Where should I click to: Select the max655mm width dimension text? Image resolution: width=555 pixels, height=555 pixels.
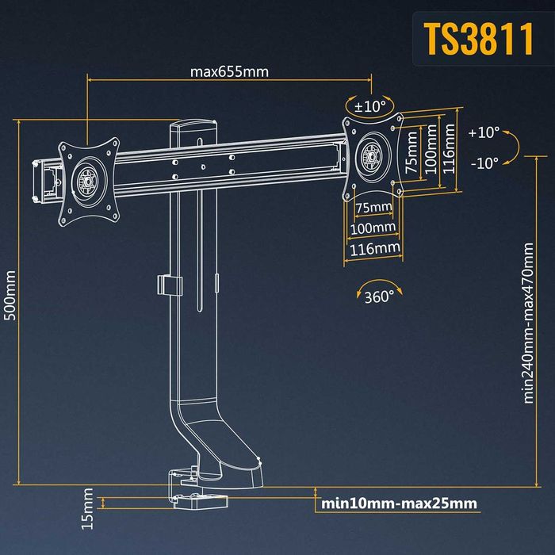[229, 71]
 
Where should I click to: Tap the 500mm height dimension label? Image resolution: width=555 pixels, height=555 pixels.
[10, 295]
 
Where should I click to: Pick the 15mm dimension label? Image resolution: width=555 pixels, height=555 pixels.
[88, 509]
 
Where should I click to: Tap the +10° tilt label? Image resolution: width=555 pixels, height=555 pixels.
[484, 133]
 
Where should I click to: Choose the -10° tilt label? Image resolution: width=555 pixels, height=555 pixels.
[484, 163]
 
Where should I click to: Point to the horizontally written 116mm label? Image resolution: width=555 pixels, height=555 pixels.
[374, 248]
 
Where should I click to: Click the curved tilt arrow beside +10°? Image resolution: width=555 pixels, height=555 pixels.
[512, 147]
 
